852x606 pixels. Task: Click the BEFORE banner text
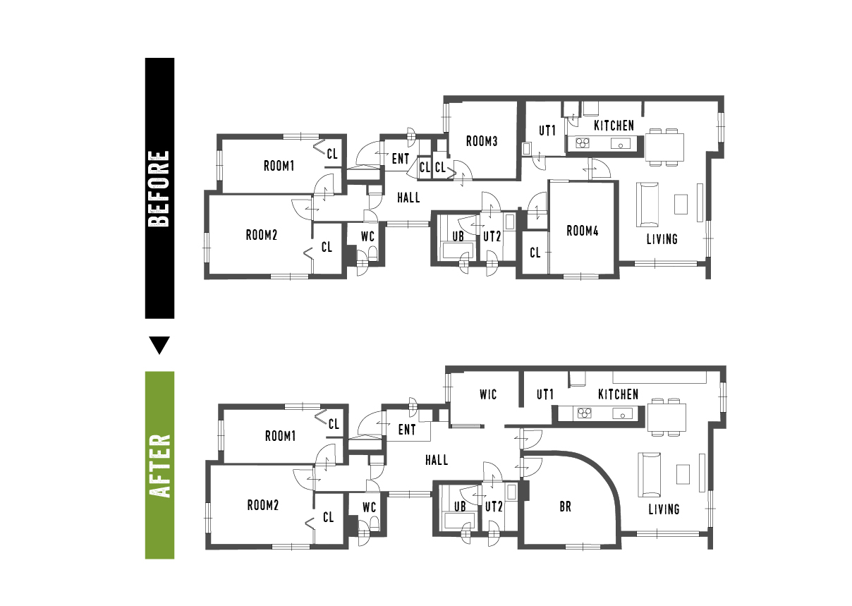[159, 188]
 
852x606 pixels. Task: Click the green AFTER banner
[159, 465]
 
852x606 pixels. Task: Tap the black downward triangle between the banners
[159, 346]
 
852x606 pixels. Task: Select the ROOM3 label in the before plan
[482, 142]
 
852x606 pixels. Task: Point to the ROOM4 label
[583, 231]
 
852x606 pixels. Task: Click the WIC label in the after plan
[488, 394]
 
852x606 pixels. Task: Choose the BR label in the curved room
[565, 507]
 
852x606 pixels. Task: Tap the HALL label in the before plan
[408, 198]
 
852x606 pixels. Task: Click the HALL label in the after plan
[437, 460]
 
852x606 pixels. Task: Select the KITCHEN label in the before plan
[614, 126]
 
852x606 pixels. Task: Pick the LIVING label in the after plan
[664, 509]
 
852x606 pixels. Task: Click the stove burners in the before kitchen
[583, 143]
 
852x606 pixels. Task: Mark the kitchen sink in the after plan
[622, 413]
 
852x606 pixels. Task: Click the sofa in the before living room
[647, 205]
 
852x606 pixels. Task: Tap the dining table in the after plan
[667, 418]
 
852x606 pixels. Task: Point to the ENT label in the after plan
[407, 430]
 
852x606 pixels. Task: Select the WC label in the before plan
[367, 236]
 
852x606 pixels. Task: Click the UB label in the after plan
[460, 507]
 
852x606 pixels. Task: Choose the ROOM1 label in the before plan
[279, 166]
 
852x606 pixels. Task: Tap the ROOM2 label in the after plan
[263, 505]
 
